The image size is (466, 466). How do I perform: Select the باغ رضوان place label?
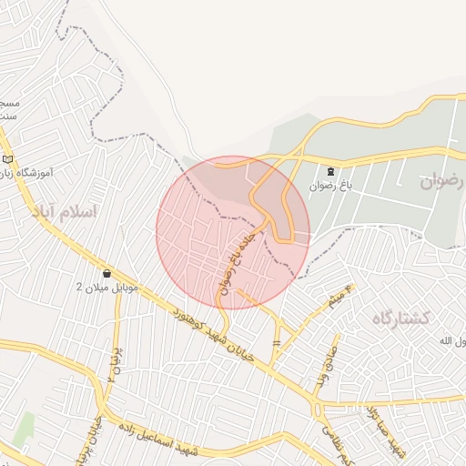point(329,185)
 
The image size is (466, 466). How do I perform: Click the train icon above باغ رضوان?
point(330,170)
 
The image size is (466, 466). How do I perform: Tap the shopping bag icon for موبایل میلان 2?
point(107,273)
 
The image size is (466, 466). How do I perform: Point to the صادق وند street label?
point(325,363)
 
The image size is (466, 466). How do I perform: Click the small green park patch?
point(24,429)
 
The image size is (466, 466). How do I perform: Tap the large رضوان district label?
point(443,181)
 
